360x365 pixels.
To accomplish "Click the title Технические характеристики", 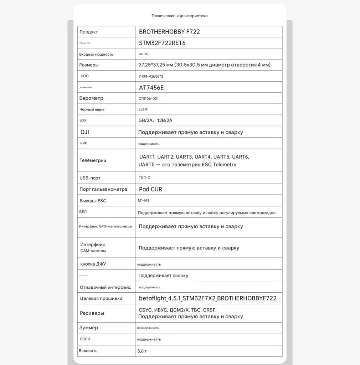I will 179,16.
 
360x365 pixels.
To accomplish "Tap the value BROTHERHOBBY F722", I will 169,32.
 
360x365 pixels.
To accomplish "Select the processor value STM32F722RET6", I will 162,43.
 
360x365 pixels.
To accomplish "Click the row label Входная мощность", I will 96,54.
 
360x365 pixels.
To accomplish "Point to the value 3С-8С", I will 144,54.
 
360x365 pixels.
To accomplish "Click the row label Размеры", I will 89,65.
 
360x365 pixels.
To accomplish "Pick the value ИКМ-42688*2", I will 151,76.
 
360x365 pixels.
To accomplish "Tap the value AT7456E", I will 151,87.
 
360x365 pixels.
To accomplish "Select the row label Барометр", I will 91,98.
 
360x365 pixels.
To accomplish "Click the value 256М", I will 143,109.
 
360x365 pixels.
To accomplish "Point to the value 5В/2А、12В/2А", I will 158,120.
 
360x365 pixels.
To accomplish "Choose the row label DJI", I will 85,132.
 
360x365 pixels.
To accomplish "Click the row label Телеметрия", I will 93,160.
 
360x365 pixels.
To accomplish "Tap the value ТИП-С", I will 144,178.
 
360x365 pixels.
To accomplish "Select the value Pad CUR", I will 150,189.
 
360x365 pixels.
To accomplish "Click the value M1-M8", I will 144,201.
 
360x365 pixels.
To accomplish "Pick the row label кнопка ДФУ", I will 93,264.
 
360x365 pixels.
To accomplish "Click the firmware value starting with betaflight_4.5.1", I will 207,298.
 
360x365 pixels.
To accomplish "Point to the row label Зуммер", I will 89,328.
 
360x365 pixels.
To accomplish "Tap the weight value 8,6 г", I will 142,351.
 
